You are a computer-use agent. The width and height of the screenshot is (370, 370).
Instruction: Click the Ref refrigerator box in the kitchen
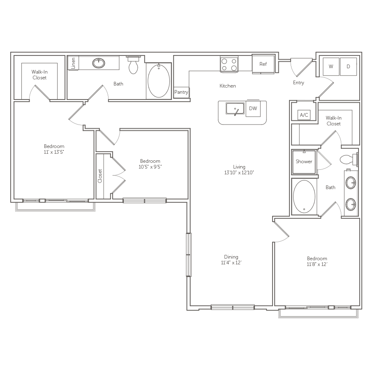263,64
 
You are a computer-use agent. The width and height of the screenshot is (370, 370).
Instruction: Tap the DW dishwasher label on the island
253,109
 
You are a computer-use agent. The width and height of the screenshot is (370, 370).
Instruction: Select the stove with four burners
229,64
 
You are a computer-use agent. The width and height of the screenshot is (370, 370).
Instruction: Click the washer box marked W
331,67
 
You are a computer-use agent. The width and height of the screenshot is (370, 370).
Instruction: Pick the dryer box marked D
348,67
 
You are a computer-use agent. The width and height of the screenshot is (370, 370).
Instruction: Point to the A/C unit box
304,115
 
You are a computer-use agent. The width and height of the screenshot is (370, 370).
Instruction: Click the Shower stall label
304,162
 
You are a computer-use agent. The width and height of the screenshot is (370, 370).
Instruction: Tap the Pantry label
181,92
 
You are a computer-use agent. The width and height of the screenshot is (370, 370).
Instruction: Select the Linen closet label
73,63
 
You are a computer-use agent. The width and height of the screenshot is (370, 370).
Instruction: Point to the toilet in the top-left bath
133,65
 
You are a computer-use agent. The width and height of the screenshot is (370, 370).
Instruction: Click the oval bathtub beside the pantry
158,80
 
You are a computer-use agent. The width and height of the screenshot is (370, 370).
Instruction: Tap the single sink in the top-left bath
98,63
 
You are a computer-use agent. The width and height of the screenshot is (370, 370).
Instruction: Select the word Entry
298,83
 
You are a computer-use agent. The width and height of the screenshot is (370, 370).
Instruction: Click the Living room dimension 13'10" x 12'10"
239,173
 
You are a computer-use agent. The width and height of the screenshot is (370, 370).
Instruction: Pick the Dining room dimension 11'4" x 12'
228,263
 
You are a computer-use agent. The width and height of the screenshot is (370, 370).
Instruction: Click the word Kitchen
228,86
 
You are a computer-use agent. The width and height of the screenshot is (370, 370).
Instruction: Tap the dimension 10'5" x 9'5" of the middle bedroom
150,167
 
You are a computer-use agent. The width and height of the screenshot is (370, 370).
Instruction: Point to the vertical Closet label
100,176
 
